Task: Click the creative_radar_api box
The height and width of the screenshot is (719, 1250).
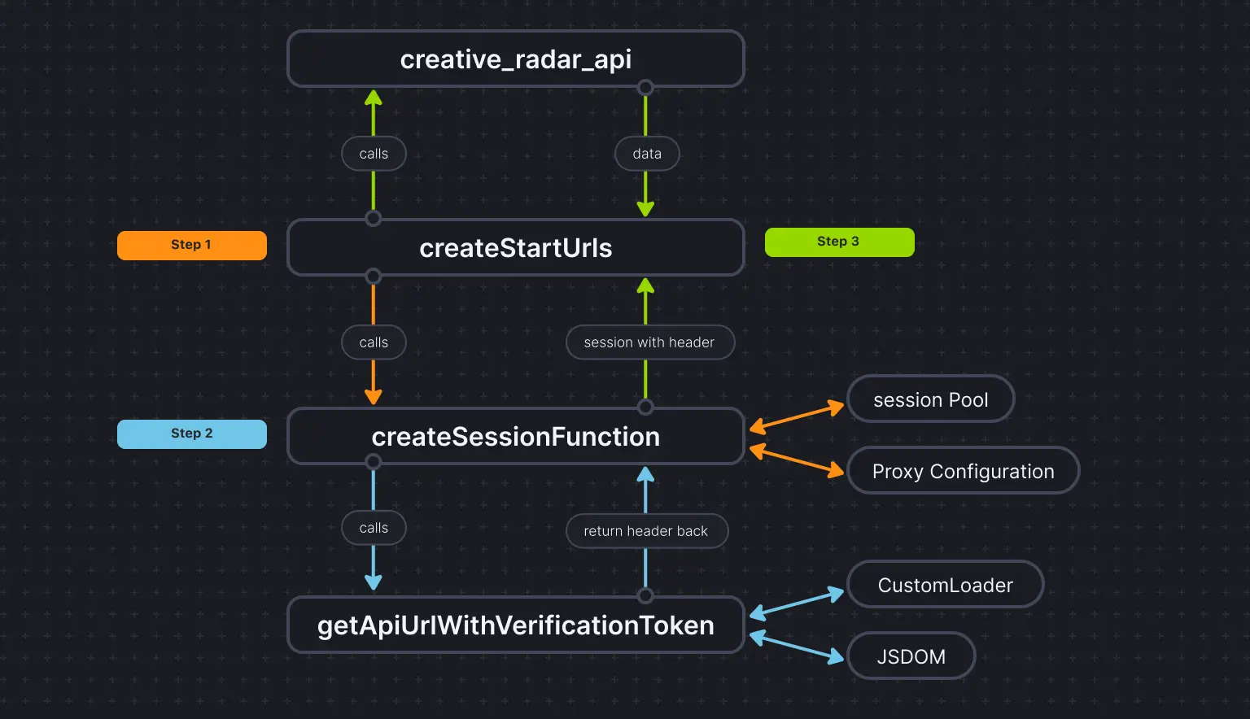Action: [516, 59]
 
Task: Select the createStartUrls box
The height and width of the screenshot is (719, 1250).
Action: [516, 248]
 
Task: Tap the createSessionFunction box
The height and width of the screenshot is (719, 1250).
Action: [516, 437]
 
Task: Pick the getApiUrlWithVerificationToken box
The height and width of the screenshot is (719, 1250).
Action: [516, 625]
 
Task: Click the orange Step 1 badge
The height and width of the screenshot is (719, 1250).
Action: [191, 245]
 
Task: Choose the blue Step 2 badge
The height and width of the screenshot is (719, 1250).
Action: [191, 434]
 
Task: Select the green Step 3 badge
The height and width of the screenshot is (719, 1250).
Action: [839, 242]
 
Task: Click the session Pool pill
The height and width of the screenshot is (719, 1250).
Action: [930, 399]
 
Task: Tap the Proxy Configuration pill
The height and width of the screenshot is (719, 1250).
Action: [963, 471]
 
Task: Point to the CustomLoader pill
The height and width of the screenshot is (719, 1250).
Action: [945, 585]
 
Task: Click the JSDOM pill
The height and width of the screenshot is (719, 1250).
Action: [911, 656]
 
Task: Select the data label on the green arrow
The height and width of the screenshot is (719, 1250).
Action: [647, 154]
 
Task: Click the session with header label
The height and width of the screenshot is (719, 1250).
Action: [649, 342]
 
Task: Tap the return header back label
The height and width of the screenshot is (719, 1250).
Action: [646, 531]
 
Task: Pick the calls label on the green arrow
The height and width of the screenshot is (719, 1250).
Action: [374, 154]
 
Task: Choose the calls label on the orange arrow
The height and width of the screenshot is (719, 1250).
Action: [374, 342]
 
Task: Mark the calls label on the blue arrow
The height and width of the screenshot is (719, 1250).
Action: [374, 528]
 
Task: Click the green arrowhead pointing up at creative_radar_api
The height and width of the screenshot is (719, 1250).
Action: [374, 99]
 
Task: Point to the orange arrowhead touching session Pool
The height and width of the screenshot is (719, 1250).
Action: [836, 407]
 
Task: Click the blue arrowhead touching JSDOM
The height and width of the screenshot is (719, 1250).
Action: [836, 656]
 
